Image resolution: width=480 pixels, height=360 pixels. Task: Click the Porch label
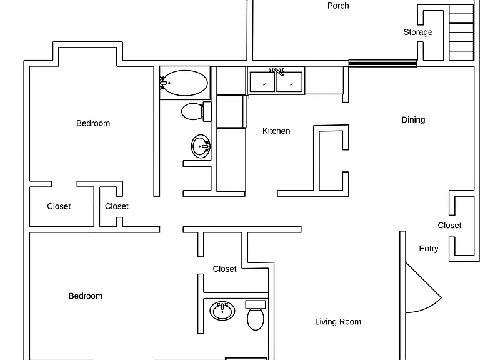338,6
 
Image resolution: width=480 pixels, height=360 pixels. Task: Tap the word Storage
418,32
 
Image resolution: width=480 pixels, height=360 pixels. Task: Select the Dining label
413,120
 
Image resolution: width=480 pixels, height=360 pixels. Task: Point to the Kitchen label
276,131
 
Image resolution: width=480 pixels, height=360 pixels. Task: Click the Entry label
429,249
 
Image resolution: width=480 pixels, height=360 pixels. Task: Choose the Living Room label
338,322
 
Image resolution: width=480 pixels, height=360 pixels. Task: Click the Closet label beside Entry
449,225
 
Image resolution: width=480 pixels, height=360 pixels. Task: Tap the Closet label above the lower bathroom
224,269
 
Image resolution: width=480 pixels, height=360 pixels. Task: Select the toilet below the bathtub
196,111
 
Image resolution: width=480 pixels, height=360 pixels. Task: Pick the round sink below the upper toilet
201,146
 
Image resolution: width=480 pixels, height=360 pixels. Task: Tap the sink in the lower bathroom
222,311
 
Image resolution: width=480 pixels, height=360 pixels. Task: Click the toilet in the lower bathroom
256,315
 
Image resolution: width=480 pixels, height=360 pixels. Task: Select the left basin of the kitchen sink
262,82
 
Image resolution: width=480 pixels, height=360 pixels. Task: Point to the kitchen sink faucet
277,72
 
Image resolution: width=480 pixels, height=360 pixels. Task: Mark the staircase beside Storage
462,32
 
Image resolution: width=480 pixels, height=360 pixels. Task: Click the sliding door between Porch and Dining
382,63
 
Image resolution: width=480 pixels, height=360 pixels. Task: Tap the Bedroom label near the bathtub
93,123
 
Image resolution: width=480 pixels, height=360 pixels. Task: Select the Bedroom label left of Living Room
86,296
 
